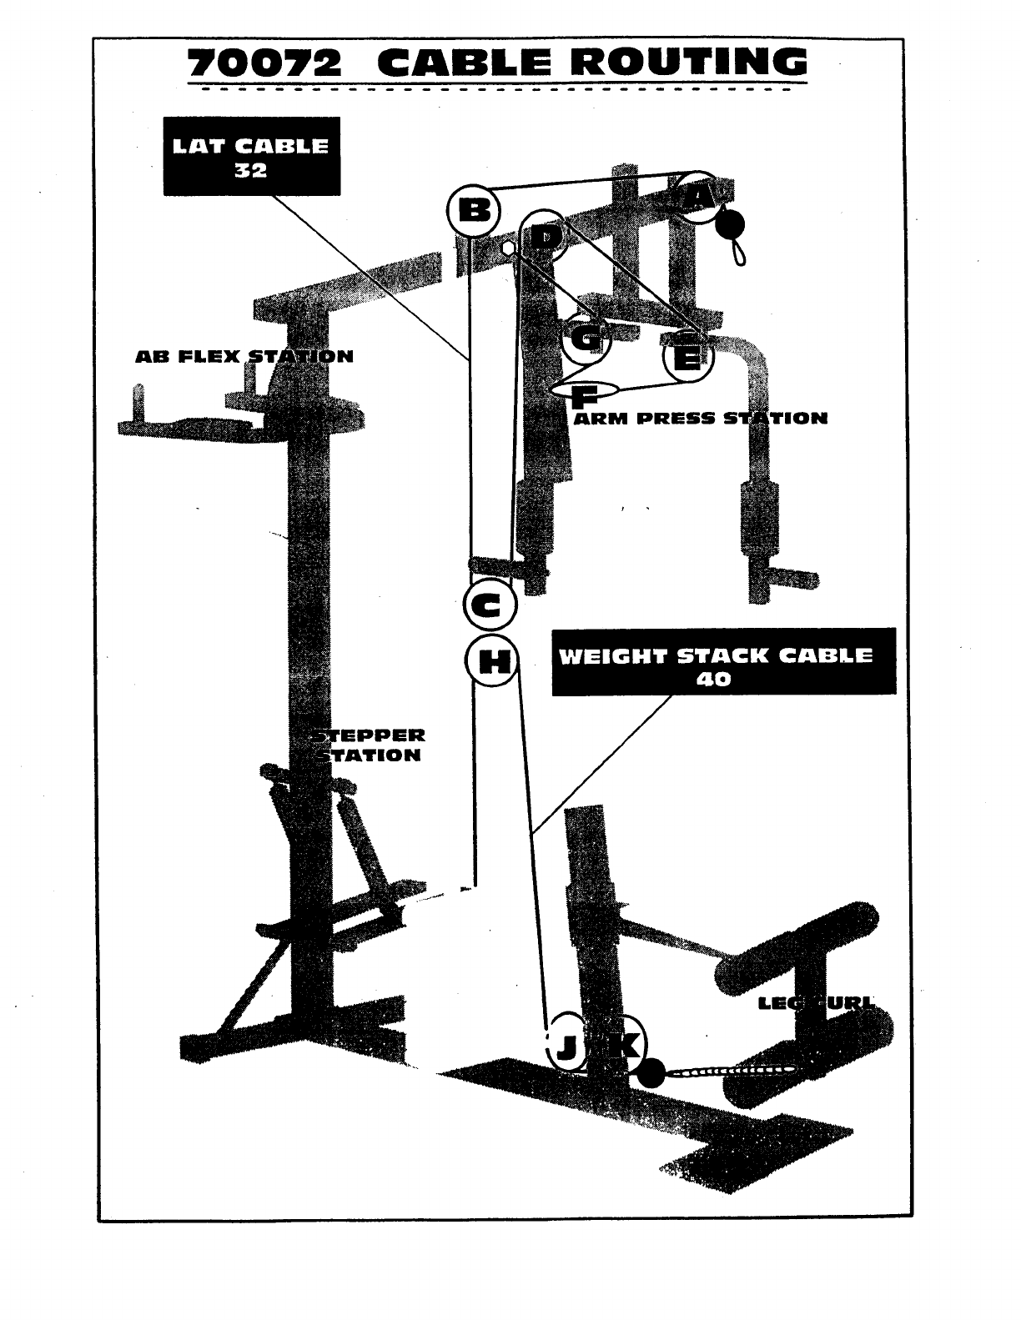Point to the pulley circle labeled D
coord(545,237)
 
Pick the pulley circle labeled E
coord(688,358)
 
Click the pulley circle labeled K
coord(621,1043)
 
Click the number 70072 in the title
coord(264,64)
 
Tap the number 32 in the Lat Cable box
coord(251,171)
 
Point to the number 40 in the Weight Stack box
coord(715,679)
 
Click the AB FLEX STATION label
coord(244,357)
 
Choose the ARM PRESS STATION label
coord(701,418)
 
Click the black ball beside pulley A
coord(731,223)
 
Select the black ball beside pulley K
coord(652,1074)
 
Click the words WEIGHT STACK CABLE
coord(715,655)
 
